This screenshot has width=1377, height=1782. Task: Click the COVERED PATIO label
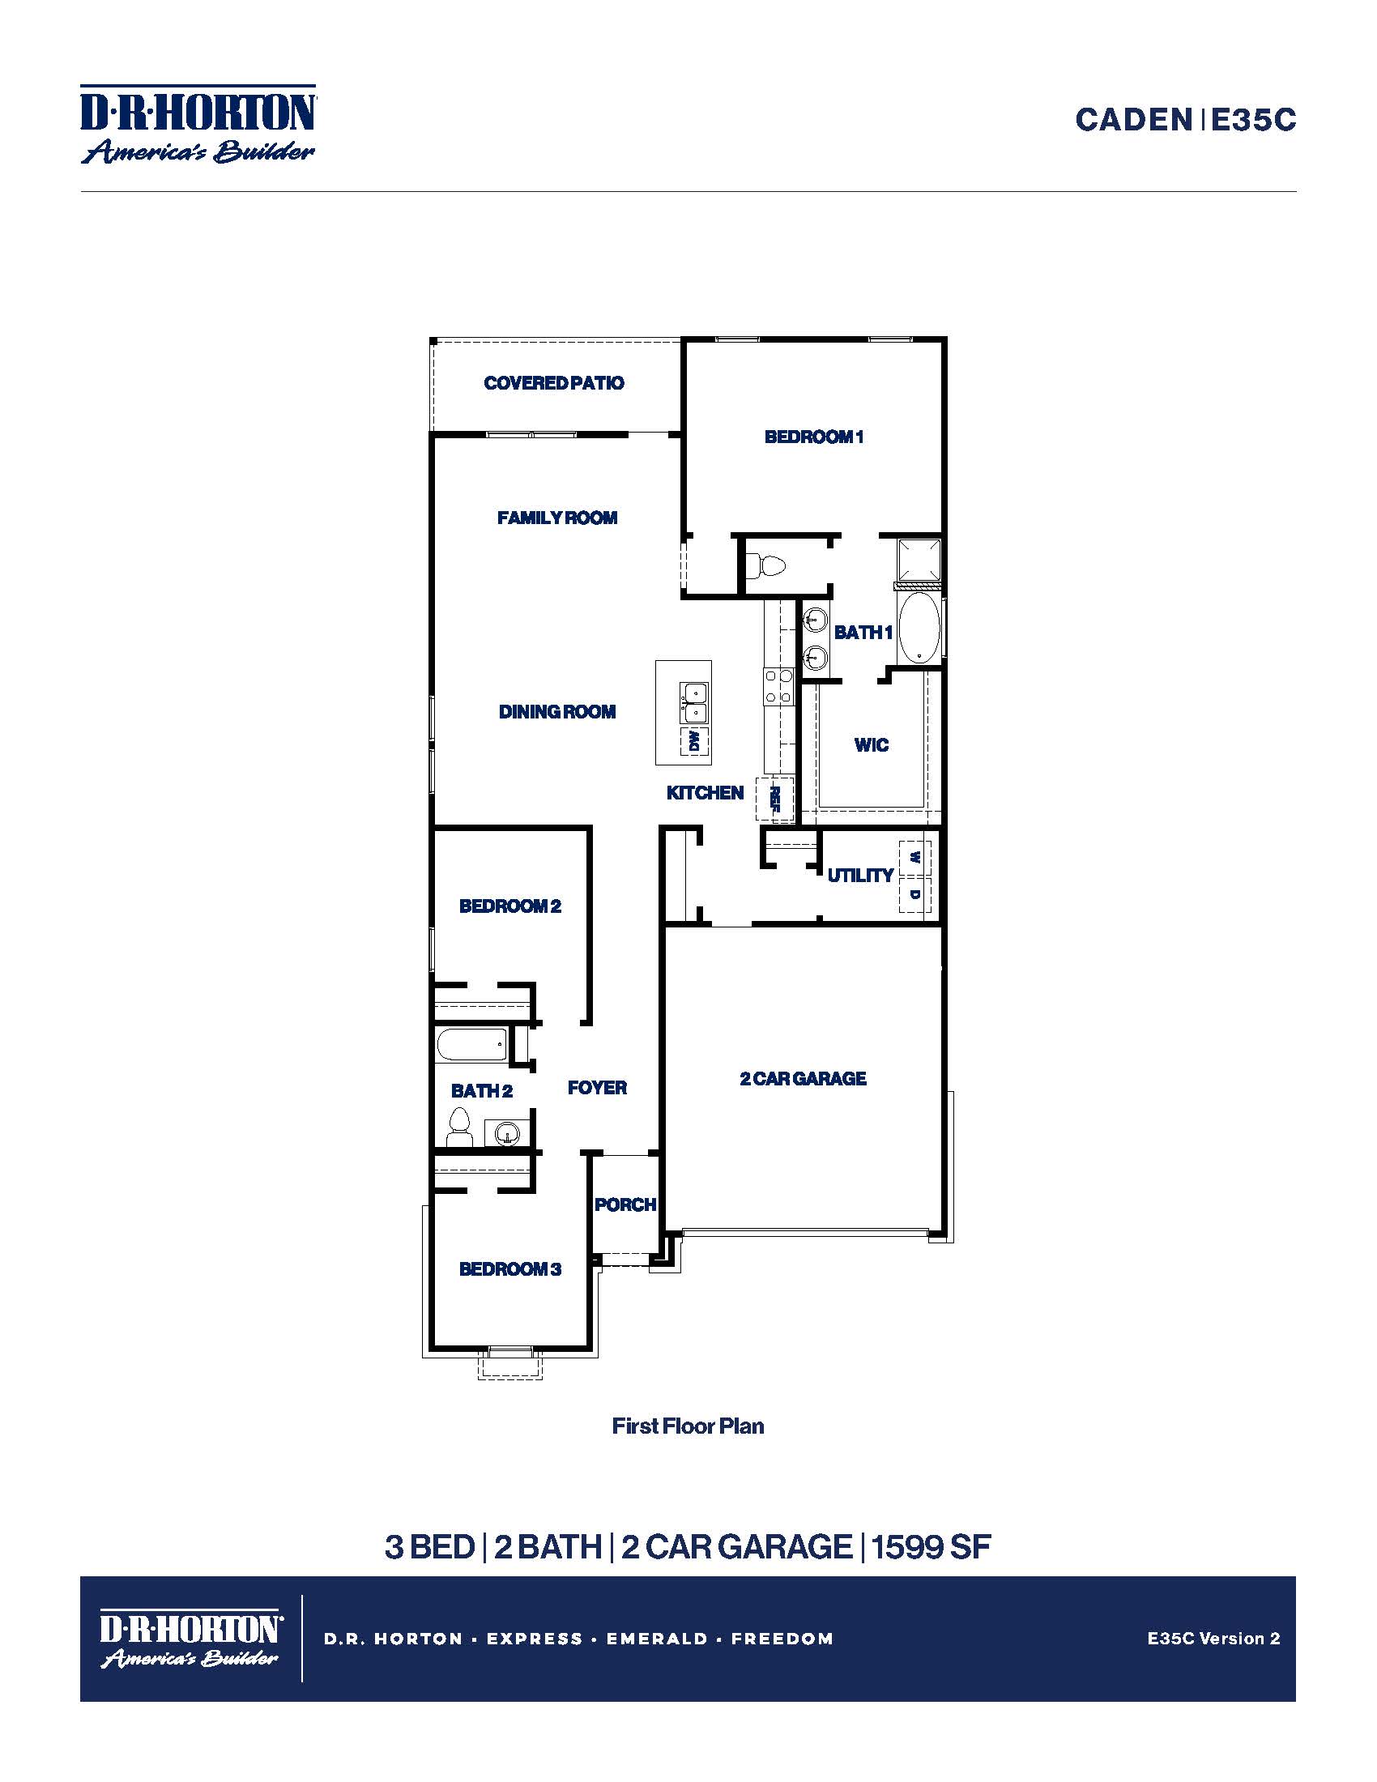click(x=554, y=382)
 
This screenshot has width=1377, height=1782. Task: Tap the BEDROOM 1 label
click(x=813, y=437)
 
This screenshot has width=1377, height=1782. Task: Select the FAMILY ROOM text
click(x=557, y=518)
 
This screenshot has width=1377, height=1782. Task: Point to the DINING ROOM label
click(x=557, y=711)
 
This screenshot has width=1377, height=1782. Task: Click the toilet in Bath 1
click(x=766, y=565)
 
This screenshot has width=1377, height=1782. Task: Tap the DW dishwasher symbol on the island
click(x=694, y=741)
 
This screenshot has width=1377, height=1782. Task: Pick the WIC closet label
click(x=872, y=744)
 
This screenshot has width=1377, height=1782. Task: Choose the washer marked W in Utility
click(x=915, y=859)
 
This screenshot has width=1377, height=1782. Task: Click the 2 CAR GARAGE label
click(x=803, y=1079)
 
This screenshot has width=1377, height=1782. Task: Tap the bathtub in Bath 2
click(x=471, y=1044)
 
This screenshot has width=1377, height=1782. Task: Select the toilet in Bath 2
click(x=460, y=1128)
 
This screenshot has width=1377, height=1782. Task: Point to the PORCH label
click(x=625, y=1204)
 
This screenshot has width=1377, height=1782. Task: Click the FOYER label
click(x=597, y=1088)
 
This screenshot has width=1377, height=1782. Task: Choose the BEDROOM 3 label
click(x=509, y=1268)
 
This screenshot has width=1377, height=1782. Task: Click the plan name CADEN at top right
click(x=1134, y=120)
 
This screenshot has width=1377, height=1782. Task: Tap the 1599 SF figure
click(x=931, y=1547)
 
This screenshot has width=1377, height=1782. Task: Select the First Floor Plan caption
click(x=688, y=1426)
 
